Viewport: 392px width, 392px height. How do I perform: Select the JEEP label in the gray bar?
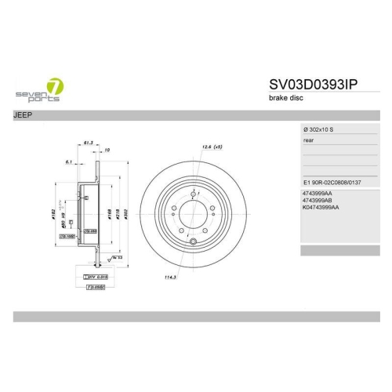click(23, 114)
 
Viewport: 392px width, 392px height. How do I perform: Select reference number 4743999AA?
click(317, 193)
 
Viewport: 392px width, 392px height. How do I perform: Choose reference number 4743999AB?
click(317, 200)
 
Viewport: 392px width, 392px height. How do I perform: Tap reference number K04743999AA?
click(320, 208)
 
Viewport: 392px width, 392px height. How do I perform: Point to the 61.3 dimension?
click(89, 143)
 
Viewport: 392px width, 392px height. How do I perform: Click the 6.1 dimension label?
click(69, 162)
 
